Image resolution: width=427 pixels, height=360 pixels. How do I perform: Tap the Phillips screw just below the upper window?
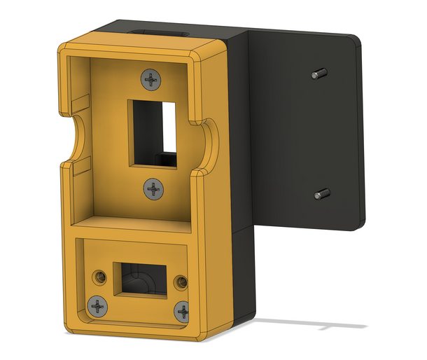(x=153, y=188)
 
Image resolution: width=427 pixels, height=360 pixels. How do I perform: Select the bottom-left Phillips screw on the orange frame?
(x=97, y=305)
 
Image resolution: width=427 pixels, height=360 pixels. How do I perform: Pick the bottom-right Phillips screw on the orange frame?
(x=183, y=311)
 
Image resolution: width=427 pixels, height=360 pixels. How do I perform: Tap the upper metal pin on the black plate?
(x=318, y=72)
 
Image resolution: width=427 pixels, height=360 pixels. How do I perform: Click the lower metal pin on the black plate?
(x=322, y=194)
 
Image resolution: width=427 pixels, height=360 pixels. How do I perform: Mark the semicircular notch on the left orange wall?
(x=76, y=137)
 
